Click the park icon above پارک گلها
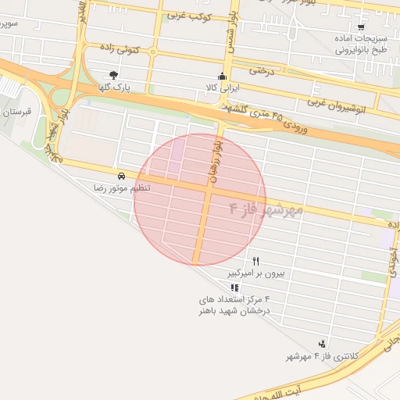click(x=115, y=76)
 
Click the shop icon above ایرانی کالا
click(x=223, y=76)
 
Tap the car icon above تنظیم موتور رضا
click(x=122, y=176)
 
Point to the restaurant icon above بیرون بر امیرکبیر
click(x=255, y=261)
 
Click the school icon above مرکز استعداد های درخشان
click(x=234, y=287)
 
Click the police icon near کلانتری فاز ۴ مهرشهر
click(x=322, y=345)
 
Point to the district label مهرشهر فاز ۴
click(x=266, y=209)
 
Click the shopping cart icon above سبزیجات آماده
click(x=361, y=27)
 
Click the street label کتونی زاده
click(x=123, y=48)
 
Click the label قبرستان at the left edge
click(x=16, y=112)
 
